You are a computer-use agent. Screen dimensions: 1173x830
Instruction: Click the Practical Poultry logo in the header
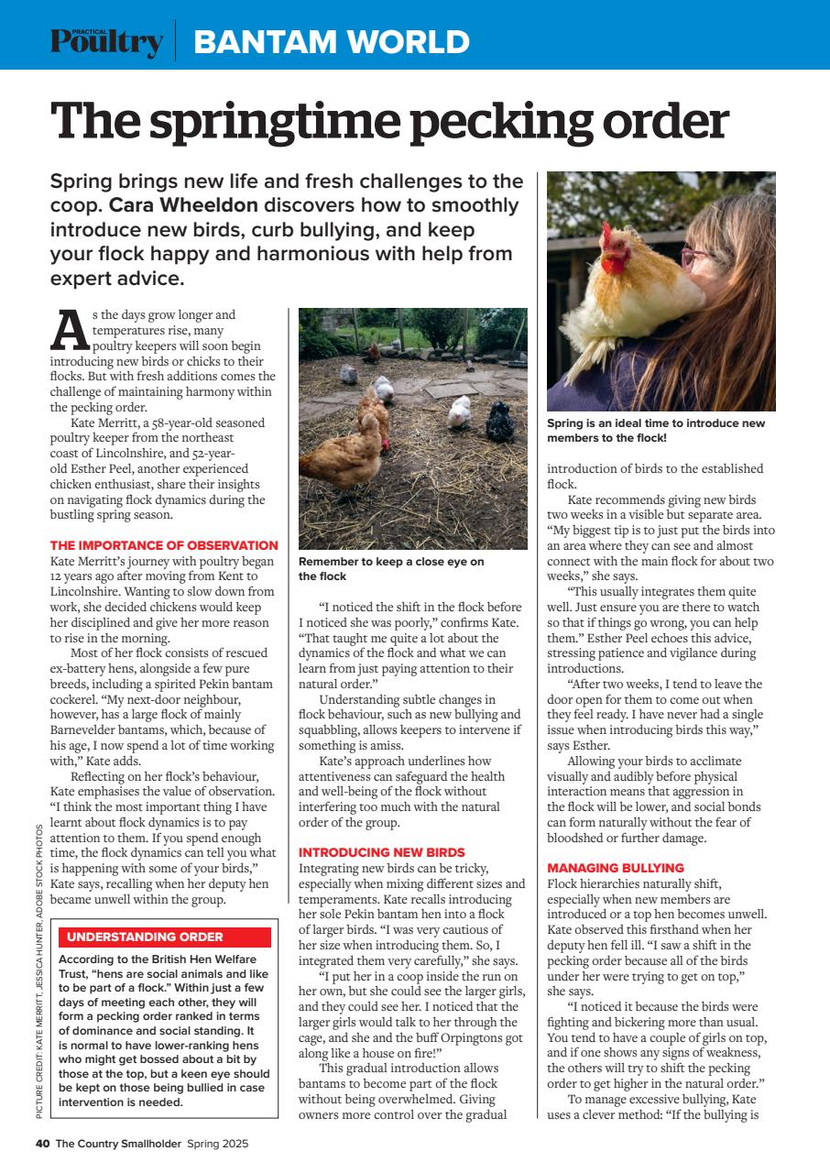pos(106,41)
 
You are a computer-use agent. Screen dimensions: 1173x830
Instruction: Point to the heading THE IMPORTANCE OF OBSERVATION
pos(164,545)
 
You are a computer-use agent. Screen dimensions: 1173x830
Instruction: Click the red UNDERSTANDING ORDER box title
pos(145,937)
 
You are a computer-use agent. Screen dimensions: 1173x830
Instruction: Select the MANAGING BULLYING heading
pos(615,867)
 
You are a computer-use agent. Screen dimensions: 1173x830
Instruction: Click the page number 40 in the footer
pos(42,1143)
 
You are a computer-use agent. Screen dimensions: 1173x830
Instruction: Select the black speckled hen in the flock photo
pos(500,422)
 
